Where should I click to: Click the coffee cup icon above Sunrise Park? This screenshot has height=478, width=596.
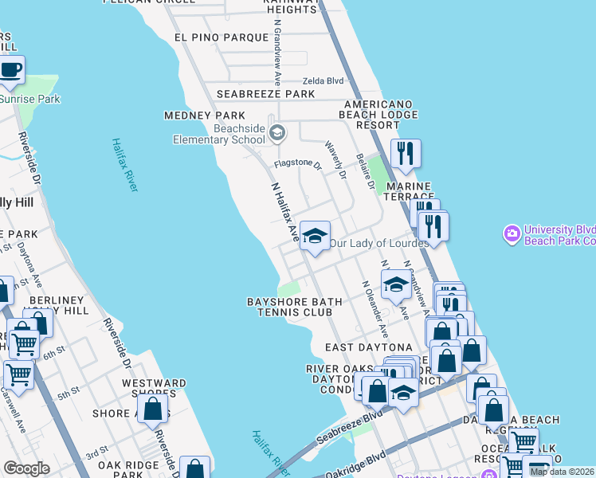10,70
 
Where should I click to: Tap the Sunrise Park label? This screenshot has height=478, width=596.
29,100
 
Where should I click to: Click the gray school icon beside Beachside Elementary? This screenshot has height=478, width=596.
277,132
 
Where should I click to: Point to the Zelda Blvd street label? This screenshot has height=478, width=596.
323,81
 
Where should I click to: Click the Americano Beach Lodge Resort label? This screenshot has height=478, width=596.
381,115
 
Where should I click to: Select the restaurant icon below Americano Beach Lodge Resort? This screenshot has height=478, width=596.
406,152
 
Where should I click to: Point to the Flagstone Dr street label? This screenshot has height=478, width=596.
297,166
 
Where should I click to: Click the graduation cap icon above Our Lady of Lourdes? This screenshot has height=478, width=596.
316,236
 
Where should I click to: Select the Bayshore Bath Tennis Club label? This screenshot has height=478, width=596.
295,308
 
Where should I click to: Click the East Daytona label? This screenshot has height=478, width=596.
368,347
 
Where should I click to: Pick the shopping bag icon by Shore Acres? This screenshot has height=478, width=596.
153,408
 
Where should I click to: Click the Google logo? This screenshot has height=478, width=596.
26,469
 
